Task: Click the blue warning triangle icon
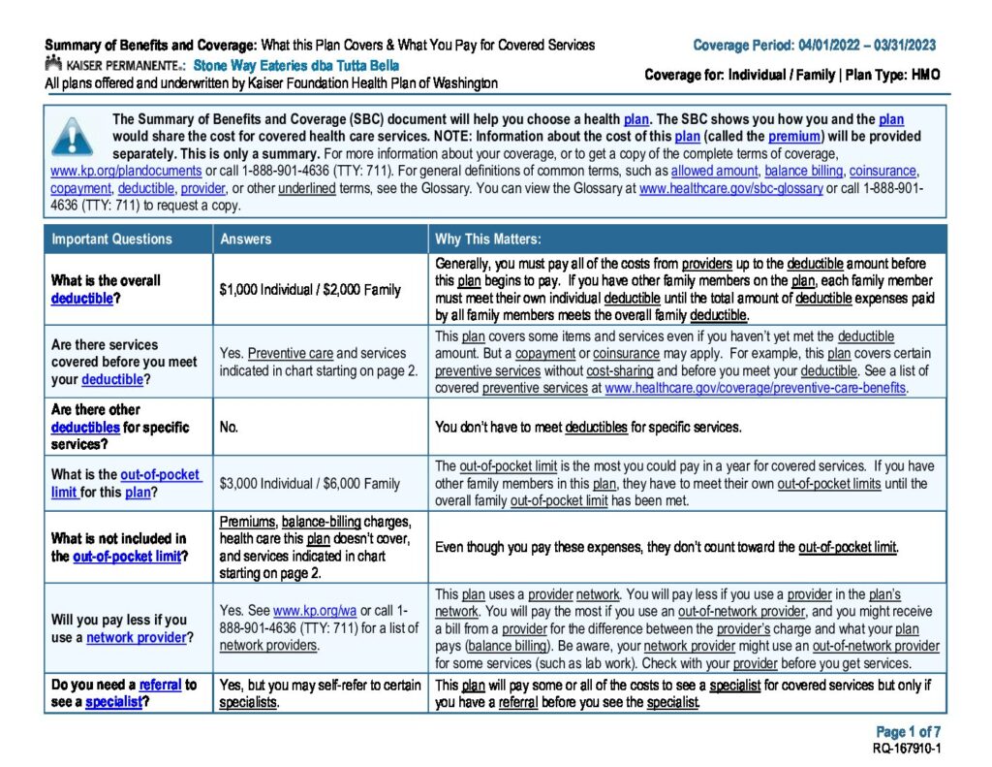(73, 137)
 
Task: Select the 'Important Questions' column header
(111, 239)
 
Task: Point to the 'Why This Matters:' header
(488, 239)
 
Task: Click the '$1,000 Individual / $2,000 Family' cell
(310, 290)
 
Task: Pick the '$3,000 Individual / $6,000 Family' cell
(310, 483)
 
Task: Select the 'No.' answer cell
(230, 427)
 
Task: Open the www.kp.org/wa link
(315, 611)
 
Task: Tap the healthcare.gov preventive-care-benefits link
(756, 388)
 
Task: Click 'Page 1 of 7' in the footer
(908, 732)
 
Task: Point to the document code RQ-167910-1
(907, 749)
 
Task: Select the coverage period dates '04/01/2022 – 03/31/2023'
(867, 46)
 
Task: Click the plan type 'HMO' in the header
(923, 75)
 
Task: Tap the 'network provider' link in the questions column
(136, 637)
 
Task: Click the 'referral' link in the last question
(160, 685)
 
